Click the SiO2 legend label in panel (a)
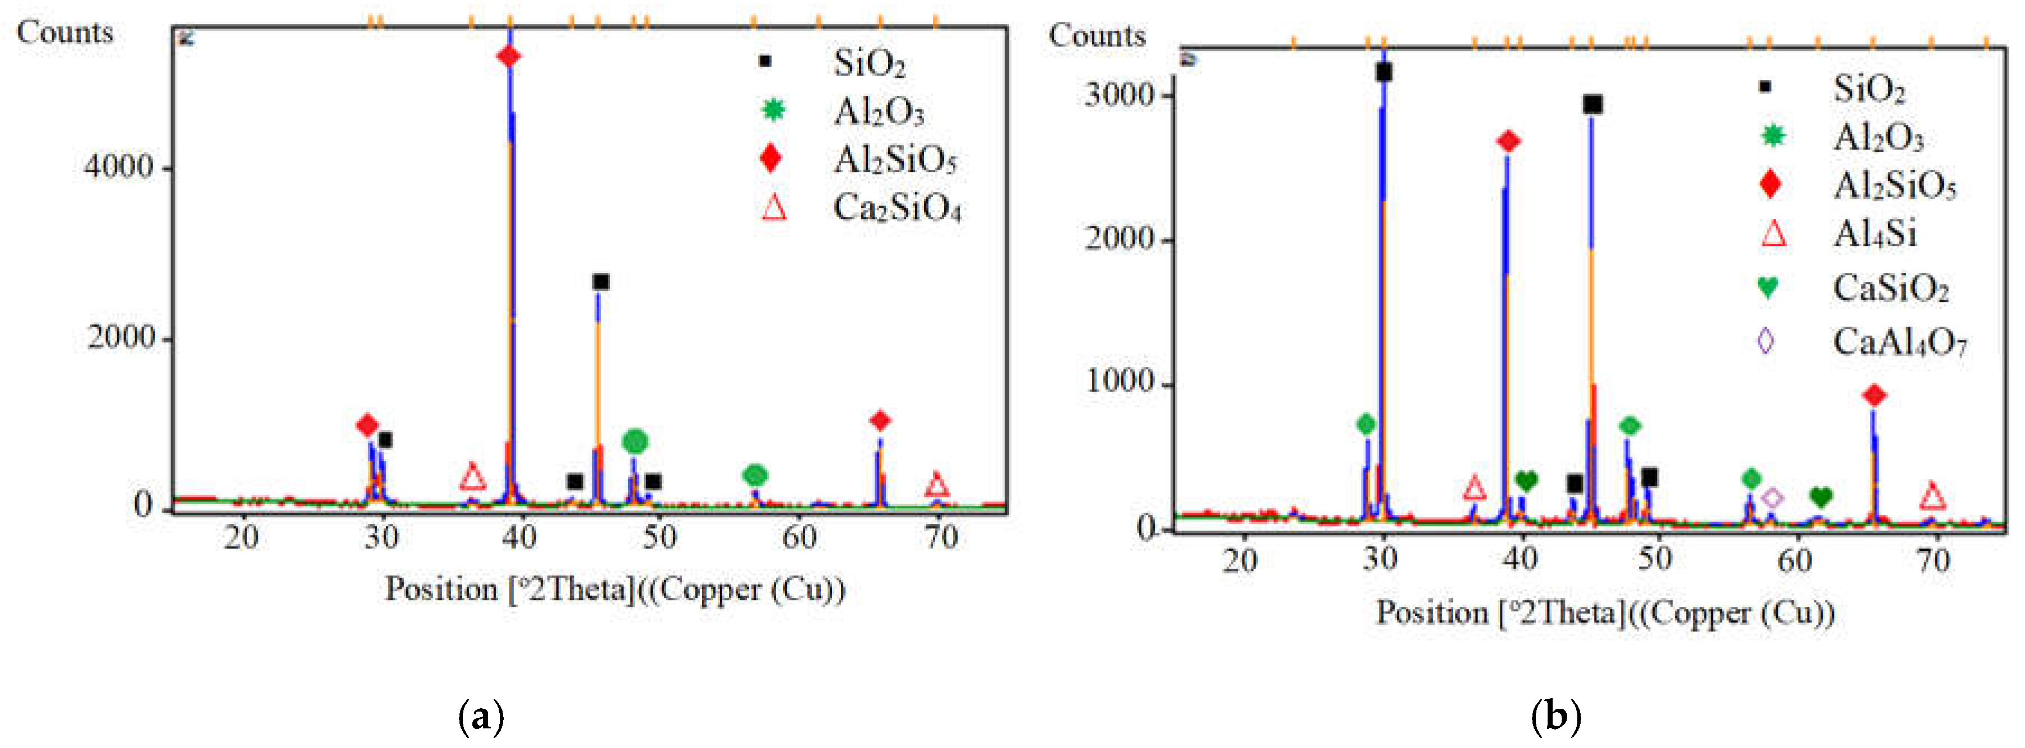point(870,63)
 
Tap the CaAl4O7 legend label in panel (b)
point(1899,342)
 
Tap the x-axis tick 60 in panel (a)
point(798,537)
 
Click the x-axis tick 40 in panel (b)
point(1520,559)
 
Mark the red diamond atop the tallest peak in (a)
point(509,57)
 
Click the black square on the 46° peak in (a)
point(601,282)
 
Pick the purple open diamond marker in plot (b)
point(1772,498)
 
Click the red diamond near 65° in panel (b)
point(1875,395)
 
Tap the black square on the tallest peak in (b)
point(1383,72)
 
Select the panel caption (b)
point(1555,717)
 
